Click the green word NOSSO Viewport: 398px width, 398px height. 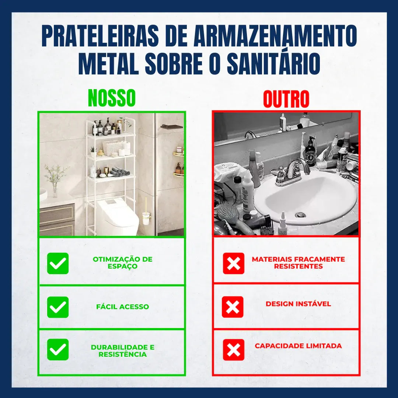pos(112,98)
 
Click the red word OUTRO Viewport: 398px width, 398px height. pos(286,99)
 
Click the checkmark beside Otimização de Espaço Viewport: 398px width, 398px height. pos(58,263)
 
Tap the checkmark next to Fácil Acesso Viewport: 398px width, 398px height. pos(58,307)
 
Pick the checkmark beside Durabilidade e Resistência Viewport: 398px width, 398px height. pos(58,349)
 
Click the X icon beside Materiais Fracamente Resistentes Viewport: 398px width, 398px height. pos(234,263)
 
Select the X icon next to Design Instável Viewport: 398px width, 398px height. pos(233,307)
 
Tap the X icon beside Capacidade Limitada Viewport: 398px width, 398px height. pos(234,349)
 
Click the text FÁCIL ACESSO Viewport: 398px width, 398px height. pos(123,307)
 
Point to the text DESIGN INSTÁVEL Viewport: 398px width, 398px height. pos(298,304)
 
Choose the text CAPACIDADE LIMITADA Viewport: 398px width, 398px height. pos(298,346)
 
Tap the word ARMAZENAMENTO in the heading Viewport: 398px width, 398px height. pos(274,36)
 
